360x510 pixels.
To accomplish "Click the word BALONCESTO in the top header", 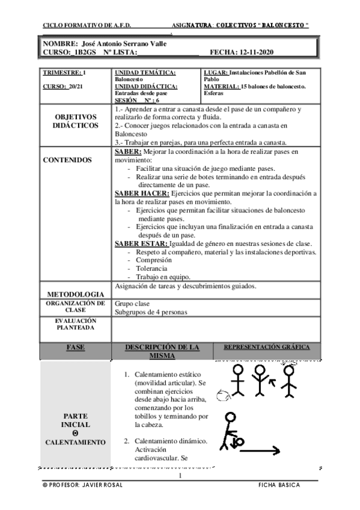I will tap(282, 25).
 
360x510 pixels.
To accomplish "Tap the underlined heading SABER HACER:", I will tap(142, 194).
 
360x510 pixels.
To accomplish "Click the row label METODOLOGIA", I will tap(75, 293).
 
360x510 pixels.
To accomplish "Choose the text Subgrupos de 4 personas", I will tap(151, 312).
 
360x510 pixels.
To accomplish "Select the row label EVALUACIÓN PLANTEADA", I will tap(75, 325).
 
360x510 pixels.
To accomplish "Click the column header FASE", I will tap(75, 348).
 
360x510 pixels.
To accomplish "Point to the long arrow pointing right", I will tap(258, 449).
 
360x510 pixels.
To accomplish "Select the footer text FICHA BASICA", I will tap(279, 485).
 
